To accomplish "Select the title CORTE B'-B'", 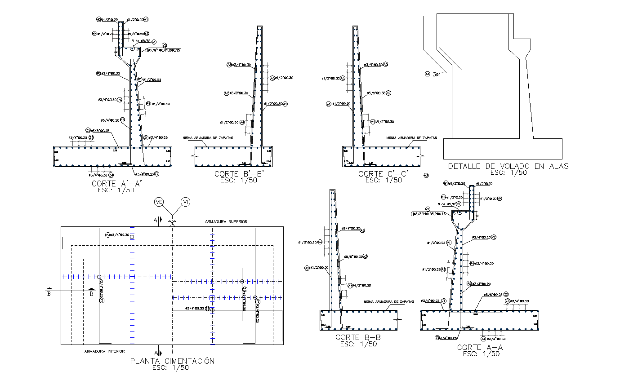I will [x=236, y=174].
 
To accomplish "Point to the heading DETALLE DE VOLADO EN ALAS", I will [x=508, y=166].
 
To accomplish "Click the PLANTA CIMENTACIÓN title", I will [x=172, y=361].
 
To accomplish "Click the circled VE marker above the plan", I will [x=159, y=202].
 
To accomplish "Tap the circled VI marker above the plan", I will [x=185, y=202].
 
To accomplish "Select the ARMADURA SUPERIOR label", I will [x=226, y=221].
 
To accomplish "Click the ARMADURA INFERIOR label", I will [x=104, y=351].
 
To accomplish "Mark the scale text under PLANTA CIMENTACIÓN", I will [x=171, y=367].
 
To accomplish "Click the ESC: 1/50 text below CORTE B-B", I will [x=358, y=344].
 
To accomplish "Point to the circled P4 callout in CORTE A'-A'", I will [x=120, y=99].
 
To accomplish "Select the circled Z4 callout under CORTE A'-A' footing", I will [x=111, y=175].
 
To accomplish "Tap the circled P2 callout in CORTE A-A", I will [x=493, y=237].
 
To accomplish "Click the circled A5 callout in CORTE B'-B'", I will [x=229, y=65].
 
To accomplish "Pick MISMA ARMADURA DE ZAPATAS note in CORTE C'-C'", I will [x=411, y=138].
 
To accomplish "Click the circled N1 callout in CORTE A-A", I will [x=446, y=183].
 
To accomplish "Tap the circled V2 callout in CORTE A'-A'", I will [x=165, y=45].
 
